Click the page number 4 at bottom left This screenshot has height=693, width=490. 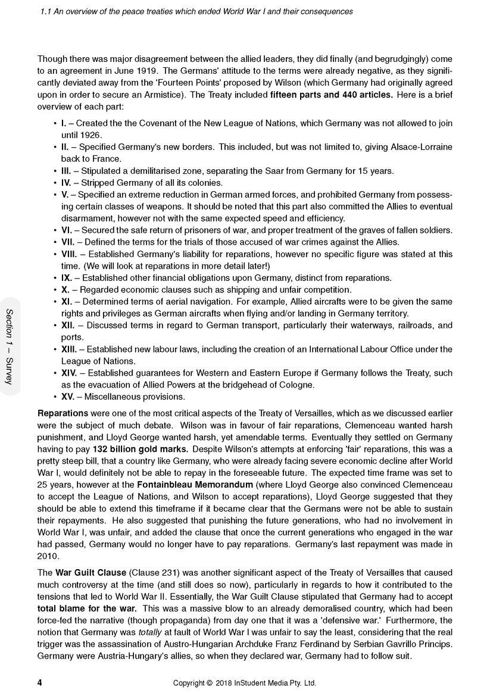click(x=39, y=682)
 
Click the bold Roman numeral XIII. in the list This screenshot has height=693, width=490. click(x=69, y=349)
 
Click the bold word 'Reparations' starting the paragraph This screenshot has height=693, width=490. click(x=63, y=413)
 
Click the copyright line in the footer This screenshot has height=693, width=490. click(x=244, y=683)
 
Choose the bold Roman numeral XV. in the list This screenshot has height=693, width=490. click(x=67, y=397)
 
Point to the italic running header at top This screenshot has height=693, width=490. click(x=195, y=11)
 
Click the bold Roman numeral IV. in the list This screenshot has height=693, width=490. click(x=67, y=182)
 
